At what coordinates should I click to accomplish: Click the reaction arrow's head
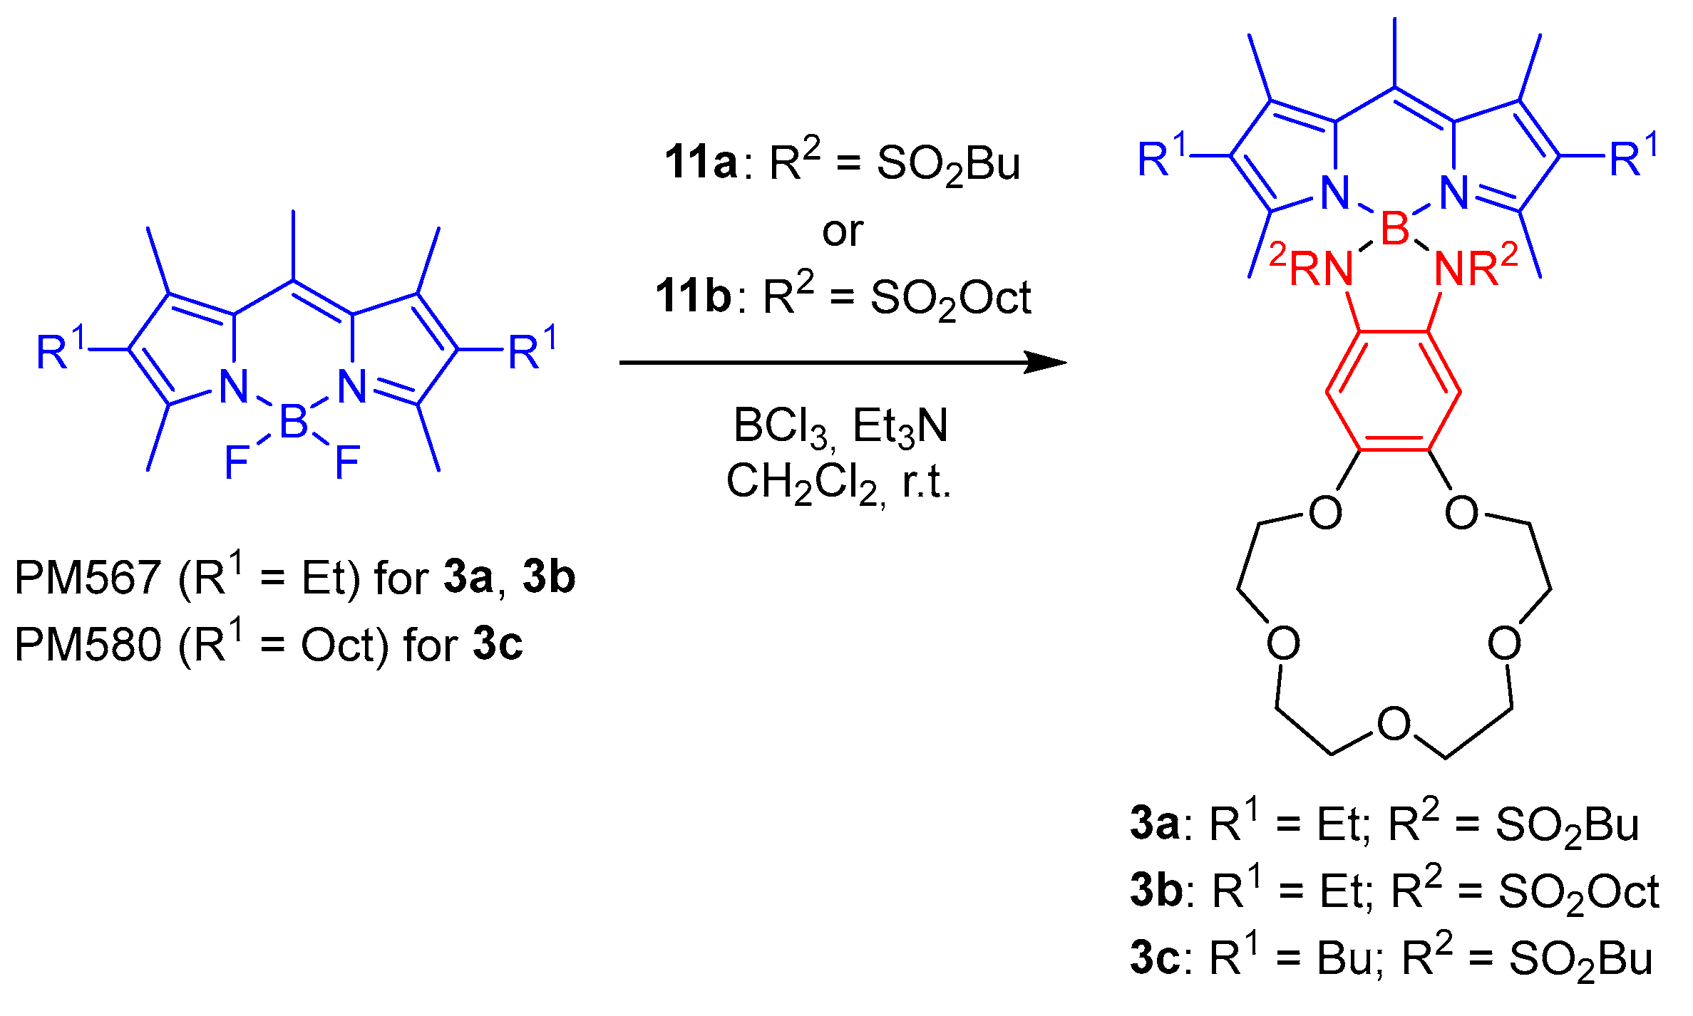[x=1048, y=362]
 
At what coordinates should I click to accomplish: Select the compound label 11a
[x=700, y=162]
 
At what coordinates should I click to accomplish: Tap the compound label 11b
[x=692, y=296]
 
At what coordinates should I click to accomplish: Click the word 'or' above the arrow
[x=842, y=232]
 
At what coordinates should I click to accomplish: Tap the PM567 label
[x=87, y=577]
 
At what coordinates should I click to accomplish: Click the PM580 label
[x=87, y=645]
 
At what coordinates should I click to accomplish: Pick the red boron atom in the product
[x=1395, y=229]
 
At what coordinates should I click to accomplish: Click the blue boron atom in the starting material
[x=294, y=420]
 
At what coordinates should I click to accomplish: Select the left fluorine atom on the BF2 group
[x=236, y=463]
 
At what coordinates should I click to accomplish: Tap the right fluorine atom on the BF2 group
[x=347, y=463]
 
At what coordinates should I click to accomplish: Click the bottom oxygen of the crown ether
[x=1394, y=724]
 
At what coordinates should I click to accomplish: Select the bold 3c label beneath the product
[x=1155, y=958]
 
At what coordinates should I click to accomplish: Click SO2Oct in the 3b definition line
[x=1578, y=892]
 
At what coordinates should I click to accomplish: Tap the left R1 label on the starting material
[x=61, y=349]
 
